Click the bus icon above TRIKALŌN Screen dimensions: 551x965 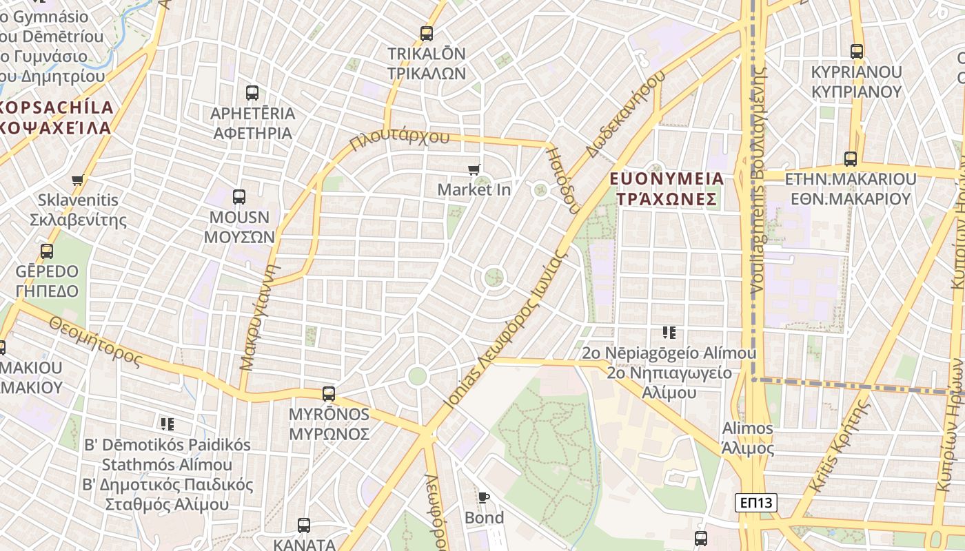(x=427, y=33)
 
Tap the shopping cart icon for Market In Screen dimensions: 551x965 (x=474, y=169)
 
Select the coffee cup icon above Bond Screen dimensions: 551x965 (x=484, y=497)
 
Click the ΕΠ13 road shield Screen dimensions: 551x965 (x=755, y=503)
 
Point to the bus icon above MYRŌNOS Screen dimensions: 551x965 (x=329, y=394)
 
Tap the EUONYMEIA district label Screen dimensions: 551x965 (x=667, y=179)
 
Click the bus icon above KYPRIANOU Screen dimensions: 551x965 (x=857, y=52)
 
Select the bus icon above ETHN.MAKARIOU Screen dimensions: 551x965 (x=851, y=159)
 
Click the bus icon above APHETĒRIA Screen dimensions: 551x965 (x=252, y=93)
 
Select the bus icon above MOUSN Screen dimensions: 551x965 (x=239, y=197)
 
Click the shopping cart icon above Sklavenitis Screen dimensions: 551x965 (x=78, y=180)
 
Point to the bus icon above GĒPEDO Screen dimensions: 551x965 (x=47, y=251)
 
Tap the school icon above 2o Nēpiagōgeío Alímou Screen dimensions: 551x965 (x=669, y=333)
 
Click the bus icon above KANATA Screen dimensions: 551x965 (x=304, y=526)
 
